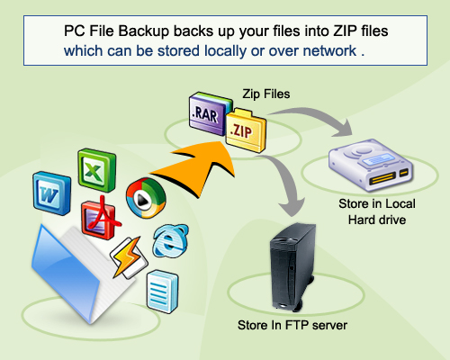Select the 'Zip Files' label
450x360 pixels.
[265, 92]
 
